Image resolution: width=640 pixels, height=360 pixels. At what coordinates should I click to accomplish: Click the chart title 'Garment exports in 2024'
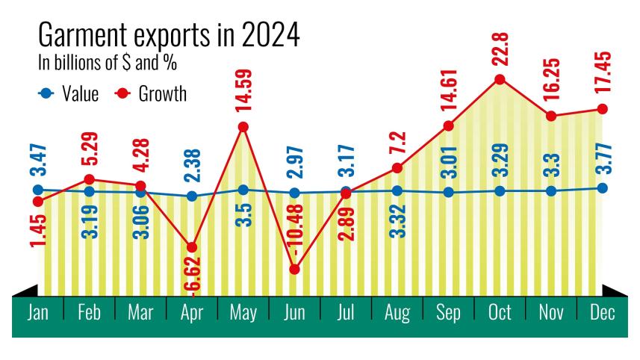[x=168, y=36]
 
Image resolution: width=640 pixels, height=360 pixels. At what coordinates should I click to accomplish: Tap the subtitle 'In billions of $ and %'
[x=108, y=63]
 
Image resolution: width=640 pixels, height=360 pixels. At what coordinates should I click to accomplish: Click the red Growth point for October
[x=500, y=79]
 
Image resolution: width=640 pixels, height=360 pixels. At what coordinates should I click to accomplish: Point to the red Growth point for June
[x=294, y=269]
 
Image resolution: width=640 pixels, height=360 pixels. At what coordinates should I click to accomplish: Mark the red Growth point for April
[x=192, y=246]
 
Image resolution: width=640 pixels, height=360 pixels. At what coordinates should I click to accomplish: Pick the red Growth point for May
[x=243, y=127]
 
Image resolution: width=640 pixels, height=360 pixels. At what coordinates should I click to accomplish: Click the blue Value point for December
[x=603, y=187]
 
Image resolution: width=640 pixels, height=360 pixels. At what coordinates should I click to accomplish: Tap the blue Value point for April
[x=192, y=196]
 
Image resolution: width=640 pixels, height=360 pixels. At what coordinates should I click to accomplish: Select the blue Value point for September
[x=448, y=192]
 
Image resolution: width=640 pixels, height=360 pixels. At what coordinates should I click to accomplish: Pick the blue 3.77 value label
[x=603, y=159]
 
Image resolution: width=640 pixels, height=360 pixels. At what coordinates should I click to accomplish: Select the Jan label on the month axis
[x=38, y=312]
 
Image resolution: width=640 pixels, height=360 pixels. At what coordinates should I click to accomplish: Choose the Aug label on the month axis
[x=397, y=312]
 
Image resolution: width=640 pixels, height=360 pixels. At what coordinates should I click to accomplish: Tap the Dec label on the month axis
[x=602, y=312]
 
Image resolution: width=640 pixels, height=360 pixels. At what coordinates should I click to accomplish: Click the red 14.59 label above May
[x=243, y=91]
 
